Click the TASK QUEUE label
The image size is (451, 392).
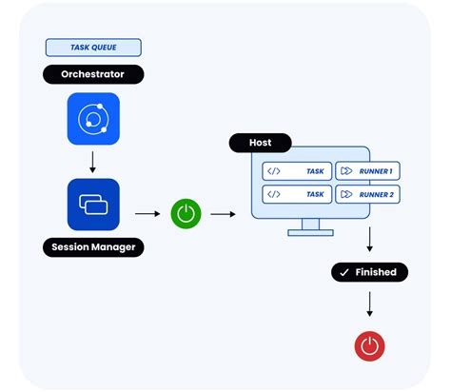coord(93,48)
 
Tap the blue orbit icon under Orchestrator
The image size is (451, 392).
coord(93,119)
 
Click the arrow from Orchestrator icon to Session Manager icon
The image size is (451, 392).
coord(93,162)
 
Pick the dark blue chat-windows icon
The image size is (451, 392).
coord(93,205)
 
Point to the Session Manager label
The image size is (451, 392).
coord(93,248)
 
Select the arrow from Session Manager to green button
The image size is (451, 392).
coord(147,214)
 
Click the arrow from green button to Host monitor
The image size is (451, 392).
coord(223,214)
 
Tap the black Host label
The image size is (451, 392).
coord(260,143)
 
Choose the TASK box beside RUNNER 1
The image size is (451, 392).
coord(296,171)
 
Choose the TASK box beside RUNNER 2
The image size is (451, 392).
coord(296,193)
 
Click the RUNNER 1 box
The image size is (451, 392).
coord(366,171)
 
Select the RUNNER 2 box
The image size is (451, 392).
coord(366,193)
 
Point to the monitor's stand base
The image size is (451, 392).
coord(310,232)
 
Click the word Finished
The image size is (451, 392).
coord(376,272)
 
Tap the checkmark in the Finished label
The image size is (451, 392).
coord(344,272)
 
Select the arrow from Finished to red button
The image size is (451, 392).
coord(369,304)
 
